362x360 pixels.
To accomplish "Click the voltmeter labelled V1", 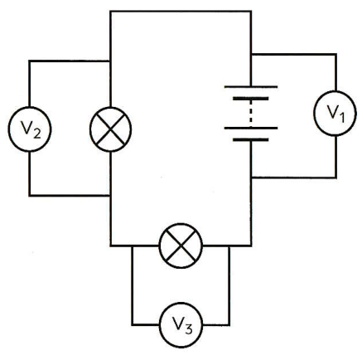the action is coord(335,113).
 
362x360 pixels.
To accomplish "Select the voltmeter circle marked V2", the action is coord(30,129).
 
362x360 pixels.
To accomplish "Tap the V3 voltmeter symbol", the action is coord(181,324).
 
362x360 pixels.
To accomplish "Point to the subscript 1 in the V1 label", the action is coord(341,118).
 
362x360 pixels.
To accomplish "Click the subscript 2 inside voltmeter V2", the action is coord(36,134).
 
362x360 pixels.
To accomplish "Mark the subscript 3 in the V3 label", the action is coord(189,329).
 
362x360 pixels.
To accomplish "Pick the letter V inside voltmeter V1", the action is coord(332,111).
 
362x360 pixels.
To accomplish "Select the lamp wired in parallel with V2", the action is coord(110,129).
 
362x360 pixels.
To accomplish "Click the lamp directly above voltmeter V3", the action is coord(181,246).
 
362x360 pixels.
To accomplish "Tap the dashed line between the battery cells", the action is coord(250,114).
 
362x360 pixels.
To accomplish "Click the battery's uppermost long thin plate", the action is coord(251,87).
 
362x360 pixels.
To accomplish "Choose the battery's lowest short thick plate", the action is coord(251,139).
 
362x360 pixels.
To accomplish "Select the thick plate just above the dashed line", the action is coord(251,99).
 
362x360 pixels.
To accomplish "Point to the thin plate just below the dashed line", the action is coord(251,128).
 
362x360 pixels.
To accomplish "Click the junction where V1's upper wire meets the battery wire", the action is coord(251,55).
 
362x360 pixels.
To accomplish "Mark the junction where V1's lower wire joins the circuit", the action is coord(251,178).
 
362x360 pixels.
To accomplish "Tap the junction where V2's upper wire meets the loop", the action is coord(110,61).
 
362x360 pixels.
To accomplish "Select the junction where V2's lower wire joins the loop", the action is coord(110,196).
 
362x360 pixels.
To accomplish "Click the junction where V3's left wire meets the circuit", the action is coord(133,246).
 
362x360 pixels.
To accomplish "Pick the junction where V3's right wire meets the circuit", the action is coord(229,246).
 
